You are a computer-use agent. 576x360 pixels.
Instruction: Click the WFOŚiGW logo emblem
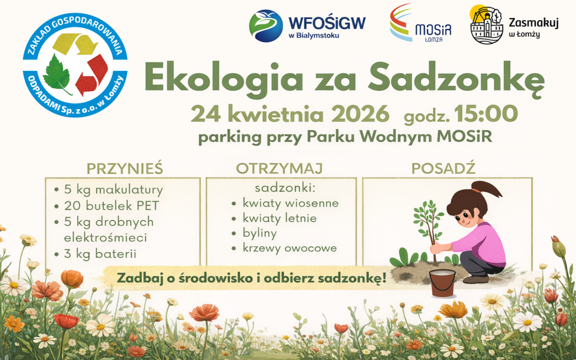pos(266,26)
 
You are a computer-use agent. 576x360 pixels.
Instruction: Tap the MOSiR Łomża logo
pos(420,23)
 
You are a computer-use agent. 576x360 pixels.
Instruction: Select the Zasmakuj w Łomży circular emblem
pos(486,25)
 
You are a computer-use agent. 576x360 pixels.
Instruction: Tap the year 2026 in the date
pos(361,114)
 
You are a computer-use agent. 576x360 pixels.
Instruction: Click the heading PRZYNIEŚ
pos(125,169)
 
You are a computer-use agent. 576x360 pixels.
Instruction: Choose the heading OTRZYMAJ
pos(279,169)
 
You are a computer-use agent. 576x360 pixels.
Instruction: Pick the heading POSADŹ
pos(443,169)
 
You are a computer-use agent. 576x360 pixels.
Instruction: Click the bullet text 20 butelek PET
pos(111,205)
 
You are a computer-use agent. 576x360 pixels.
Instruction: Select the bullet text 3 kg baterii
pos(100,253)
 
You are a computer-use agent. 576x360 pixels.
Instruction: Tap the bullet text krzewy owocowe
pos(290,248)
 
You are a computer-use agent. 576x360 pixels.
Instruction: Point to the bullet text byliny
pos(260,233)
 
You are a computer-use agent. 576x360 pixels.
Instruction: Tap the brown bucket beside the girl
pos(443,282)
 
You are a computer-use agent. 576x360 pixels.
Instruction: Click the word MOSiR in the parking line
pos(463,137)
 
